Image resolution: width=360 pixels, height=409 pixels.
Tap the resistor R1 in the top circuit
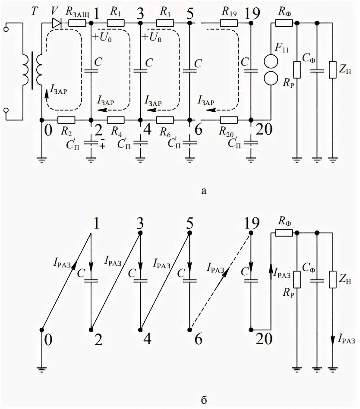click(x=116, y=23)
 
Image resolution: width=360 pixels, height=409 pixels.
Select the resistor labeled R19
click(x=229, y=23)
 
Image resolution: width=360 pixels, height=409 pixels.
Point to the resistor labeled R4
click(x=116, y=120)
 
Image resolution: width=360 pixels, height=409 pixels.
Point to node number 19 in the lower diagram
click(x=251, y=223)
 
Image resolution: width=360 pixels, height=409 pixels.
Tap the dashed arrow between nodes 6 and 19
click(x=220, y=281)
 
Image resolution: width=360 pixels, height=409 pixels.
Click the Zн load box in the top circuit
click(x=332, y=70)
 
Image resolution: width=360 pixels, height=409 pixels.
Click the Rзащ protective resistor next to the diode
click(x=78, y=23)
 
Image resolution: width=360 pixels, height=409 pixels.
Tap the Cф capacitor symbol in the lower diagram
click(x=317, y=280)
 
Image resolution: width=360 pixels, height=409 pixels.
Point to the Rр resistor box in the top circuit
click(x=297, y=70)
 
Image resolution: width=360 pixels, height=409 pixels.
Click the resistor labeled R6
click(x=165, y=120)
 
